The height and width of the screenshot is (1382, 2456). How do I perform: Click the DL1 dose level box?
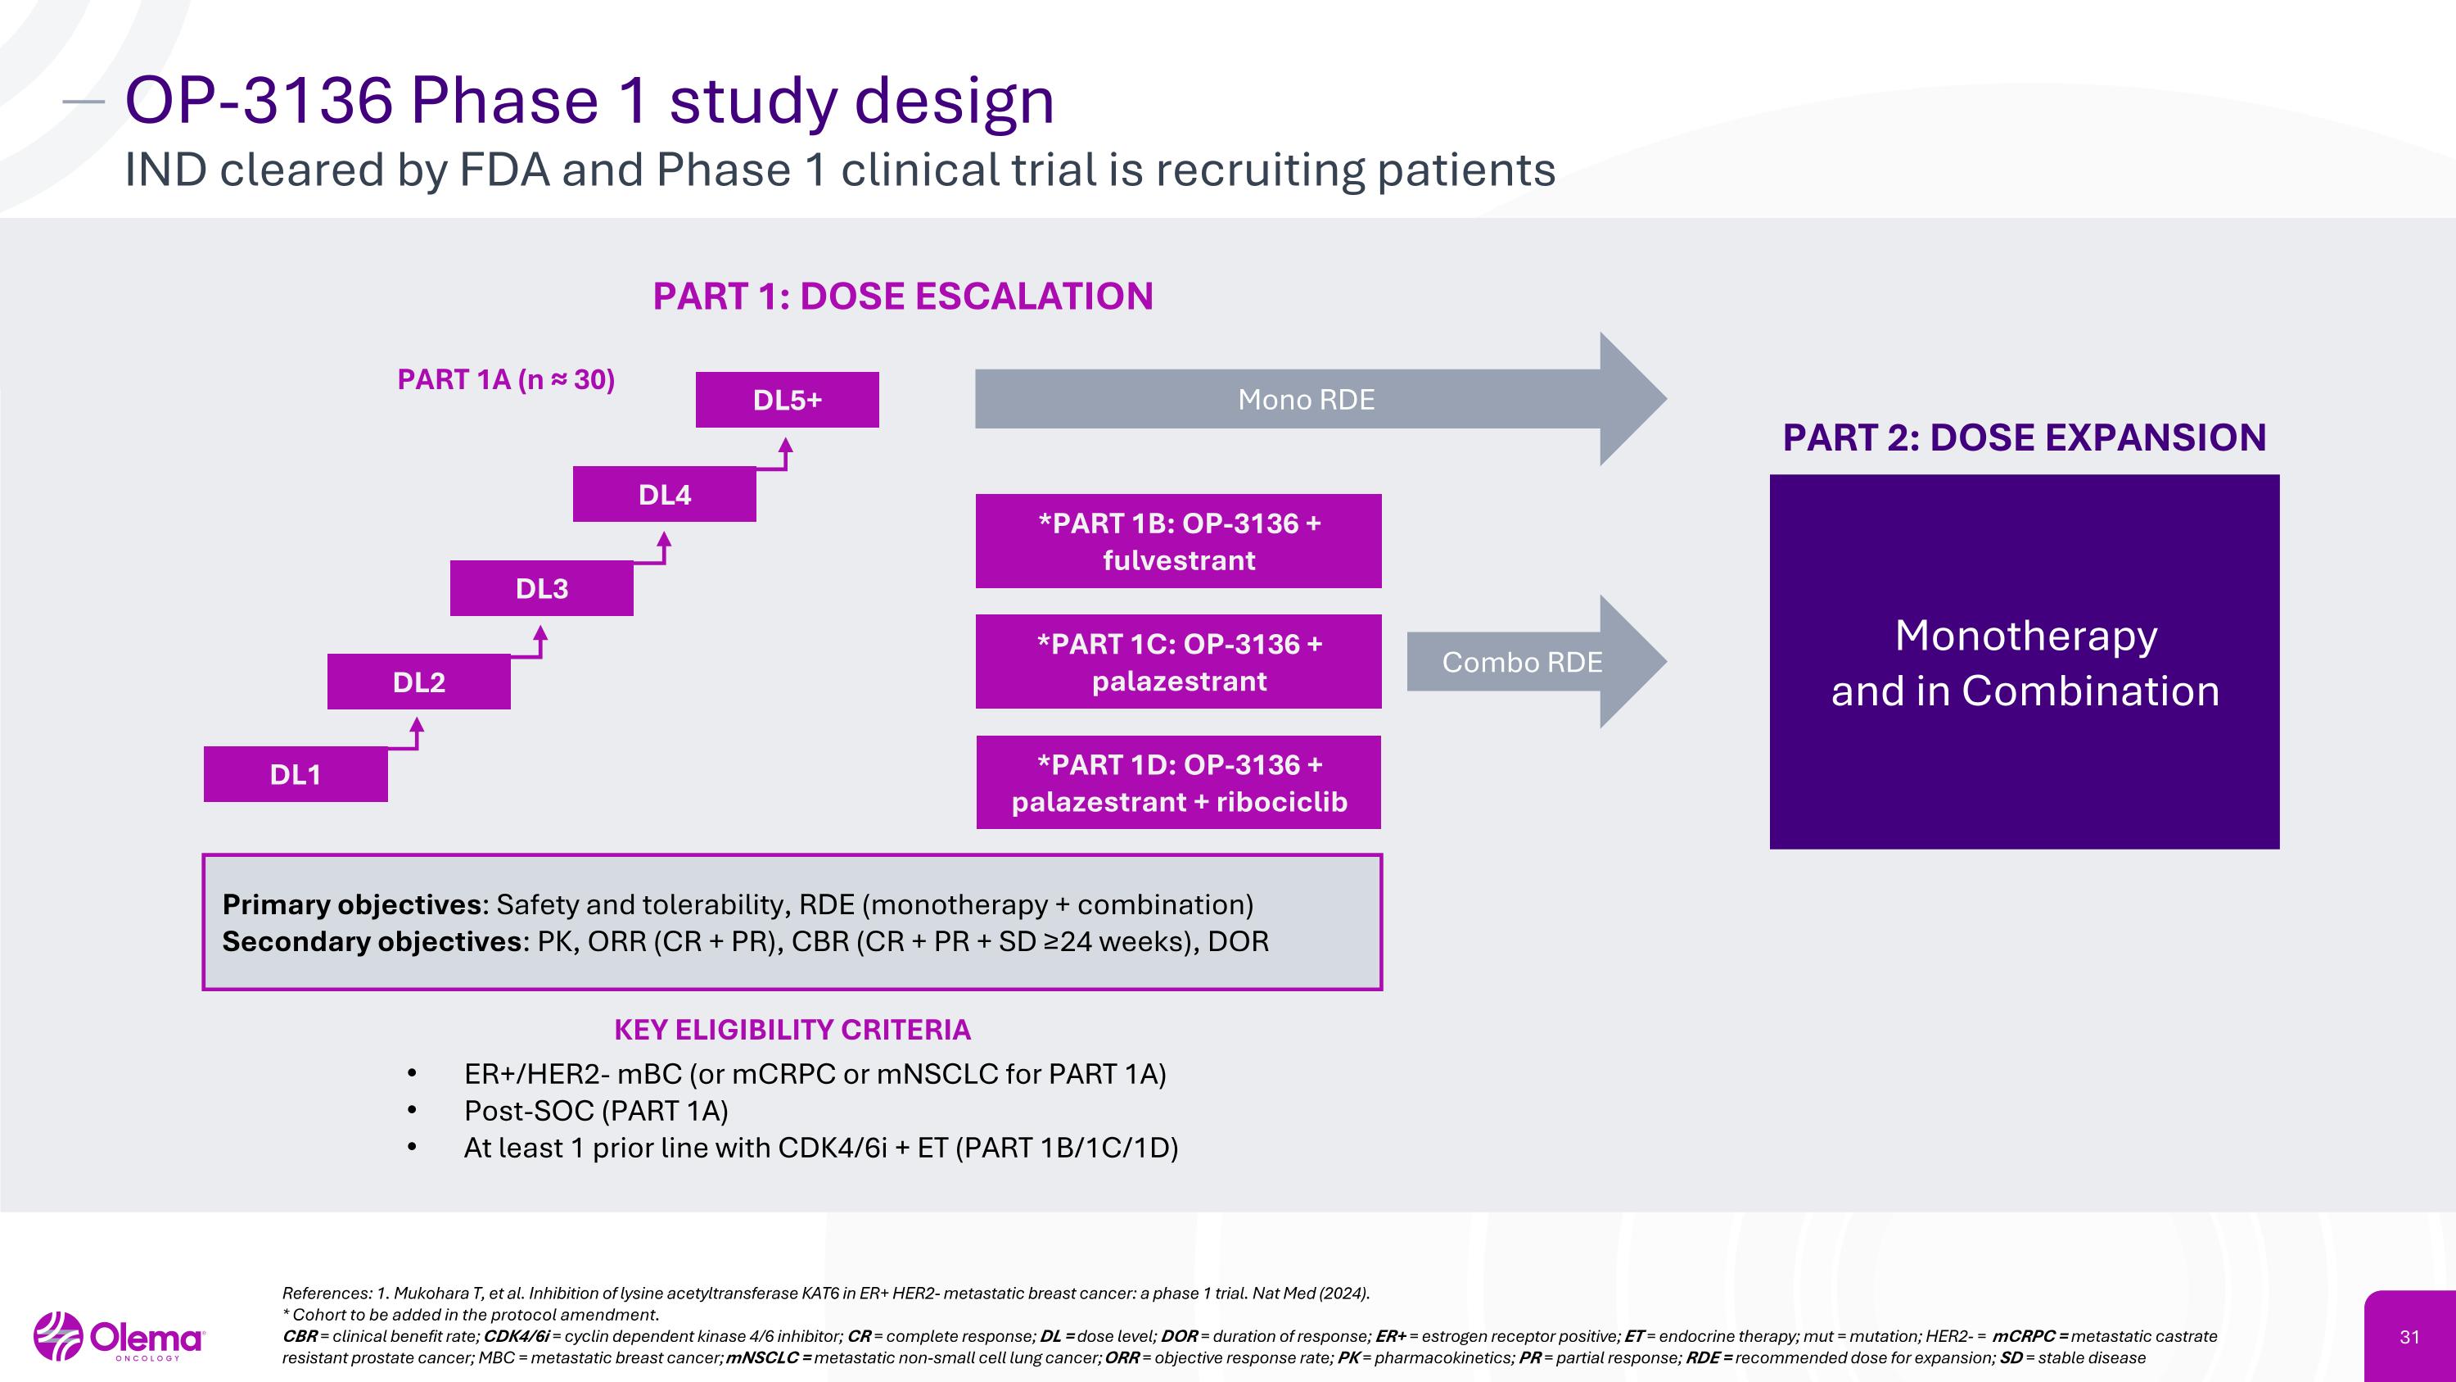[296, 774]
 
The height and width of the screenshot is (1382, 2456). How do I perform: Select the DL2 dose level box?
[418, 682]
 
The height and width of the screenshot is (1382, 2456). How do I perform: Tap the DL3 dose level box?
[541, 588]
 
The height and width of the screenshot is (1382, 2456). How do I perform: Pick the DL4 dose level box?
[665, 494]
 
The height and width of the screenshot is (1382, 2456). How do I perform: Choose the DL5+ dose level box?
[788, 400]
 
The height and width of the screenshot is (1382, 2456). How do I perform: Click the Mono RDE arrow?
[1306, 400]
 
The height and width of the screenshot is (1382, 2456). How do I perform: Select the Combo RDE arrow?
[1522, 662]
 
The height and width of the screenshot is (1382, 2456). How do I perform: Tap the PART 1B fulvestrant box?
[1178, 541]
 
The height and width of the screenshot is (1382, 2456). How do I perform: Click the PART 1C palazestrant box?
[1178, 662]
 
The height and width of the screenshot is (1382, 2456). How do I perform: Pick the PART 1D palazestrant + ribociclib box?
[1178, 782]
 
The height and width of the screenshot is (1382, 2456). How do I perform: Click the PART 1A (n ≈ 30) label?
[506, 379]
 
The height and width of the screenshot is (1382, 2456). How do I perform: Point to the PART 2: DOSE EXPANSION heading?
[2024, 437]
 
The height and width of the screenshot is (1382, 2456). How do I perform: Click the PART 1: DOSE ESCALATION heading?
[903, 297]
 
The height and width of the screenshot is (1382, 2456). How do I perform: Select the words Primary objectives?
[352, 904]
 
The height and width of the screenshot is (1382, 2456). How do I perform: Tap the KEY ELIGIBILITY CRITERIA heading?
[792, 1030]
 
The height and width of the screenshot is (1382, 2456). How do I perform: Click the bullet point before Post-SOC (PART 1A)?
[412, 1111]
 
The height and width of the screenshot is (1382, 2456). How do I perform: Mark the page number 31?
[2409, 1337]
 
